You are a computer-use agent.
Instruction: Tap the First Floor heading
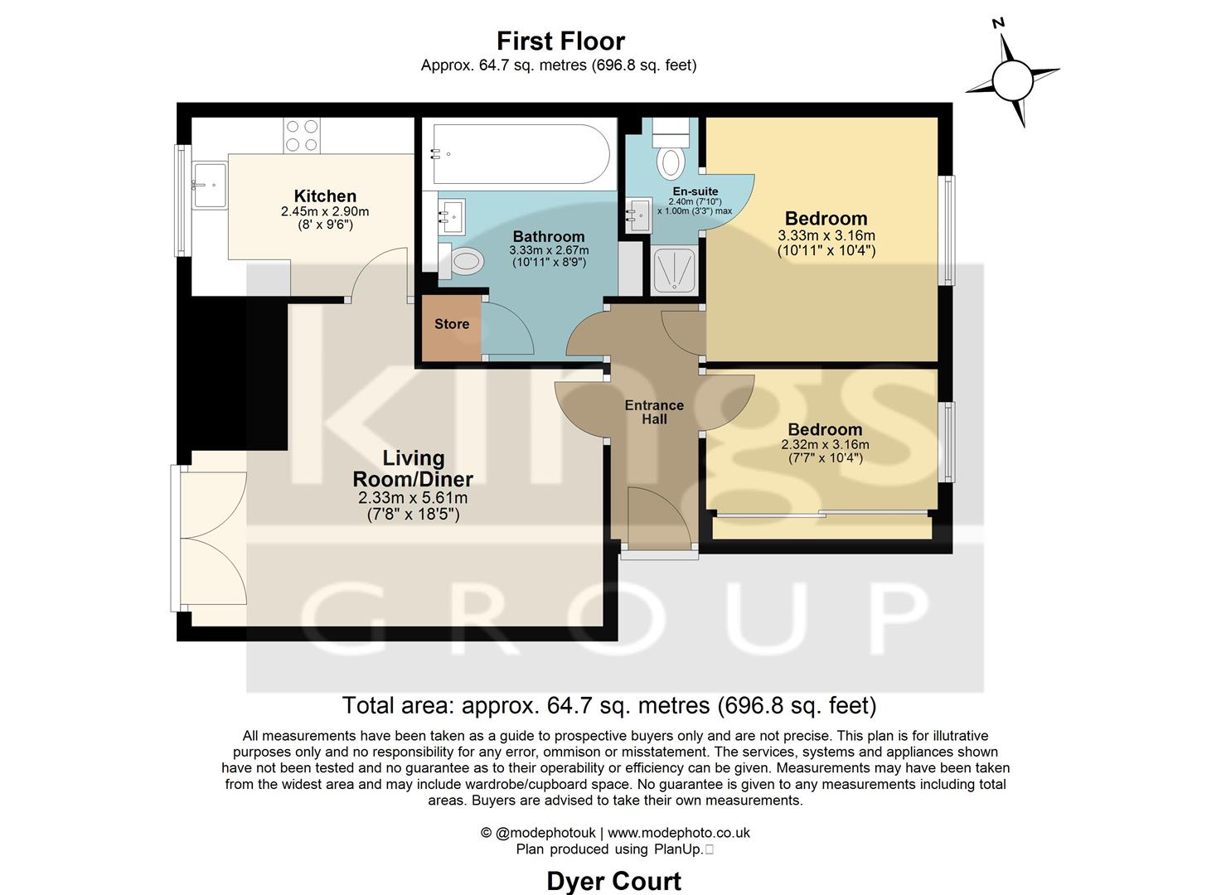tap(560, 41)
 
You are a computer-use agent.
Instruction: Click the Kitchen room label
tap(325, 196)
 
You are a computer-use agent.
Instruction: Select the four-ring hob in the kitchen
tap(302, 136)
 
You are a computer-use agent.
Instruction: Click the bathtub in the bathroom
tap(521, 154)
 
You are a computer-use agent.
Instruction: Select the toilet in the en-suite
tap(670, 157)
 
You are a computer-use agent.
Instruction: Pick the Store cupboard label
tap(452, 324)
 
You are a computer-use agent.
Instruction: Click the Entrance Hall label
tap(654, 412)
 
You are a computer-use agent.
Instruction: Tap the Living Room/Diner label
tap(413, 468)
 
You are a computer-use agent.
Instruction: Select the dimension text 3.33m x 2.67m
tap(549, 250)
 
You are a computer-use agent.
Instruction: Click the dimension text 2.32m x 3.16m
tap(825, 445)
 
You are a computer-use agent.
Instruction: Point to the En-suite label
tap(695, 191)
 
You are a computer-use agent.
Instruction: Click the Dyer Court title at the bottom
tap(613, 881)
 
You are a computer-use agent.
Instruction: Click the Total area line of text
tap(609, 705)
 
